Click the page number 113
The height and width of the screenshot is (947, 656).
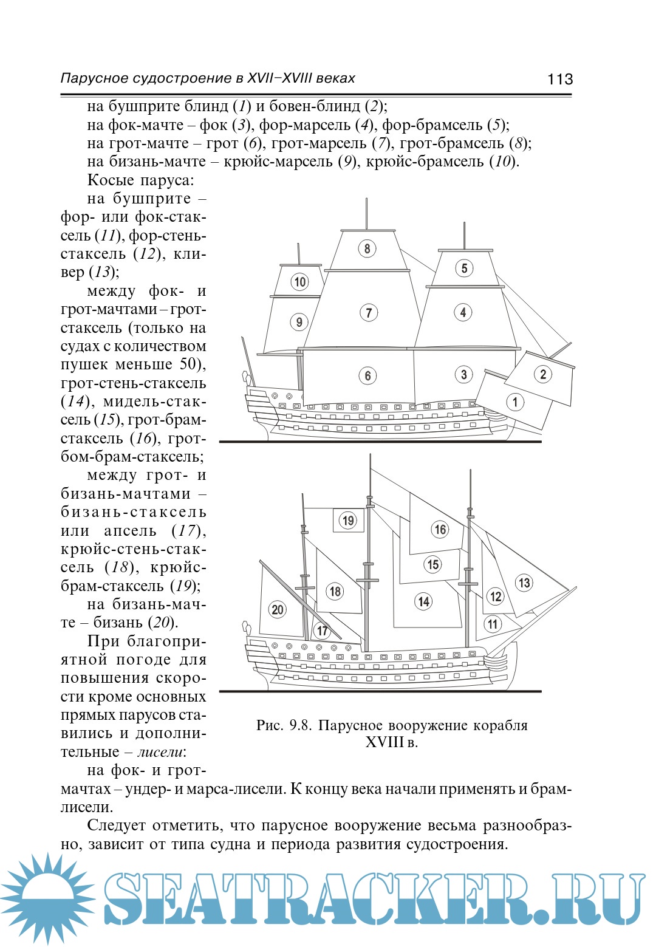559,79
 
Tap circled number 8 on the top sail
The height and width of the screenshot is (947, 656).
367,248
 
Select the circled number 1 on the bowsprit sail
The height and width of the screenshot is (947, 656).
515,402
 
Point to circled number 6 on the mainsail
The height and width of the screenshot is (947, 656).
367,375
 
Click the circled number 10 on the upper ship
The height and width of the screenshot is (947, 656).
300,282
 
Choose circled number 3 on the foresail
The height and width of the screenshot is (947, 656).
463,374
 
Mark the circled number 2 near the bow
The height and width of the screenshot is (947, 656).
543,374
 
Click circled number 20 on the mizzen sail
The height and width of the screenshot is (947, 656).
277,609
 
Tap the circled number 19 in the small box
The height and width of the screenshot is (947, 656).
348,521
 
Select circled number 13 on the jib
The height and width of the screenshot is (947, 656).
524,583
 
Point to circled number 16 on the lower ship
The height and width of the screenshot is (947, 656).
440,530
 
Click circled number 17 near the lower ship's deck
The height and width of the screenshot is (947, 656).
322,631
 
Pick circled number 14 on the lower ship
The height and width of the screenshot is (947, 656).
423,601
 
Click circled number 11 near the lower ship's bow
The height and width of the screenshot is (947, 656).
493,624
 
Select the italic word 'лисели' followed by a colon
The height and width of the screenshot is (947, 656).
160,752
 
